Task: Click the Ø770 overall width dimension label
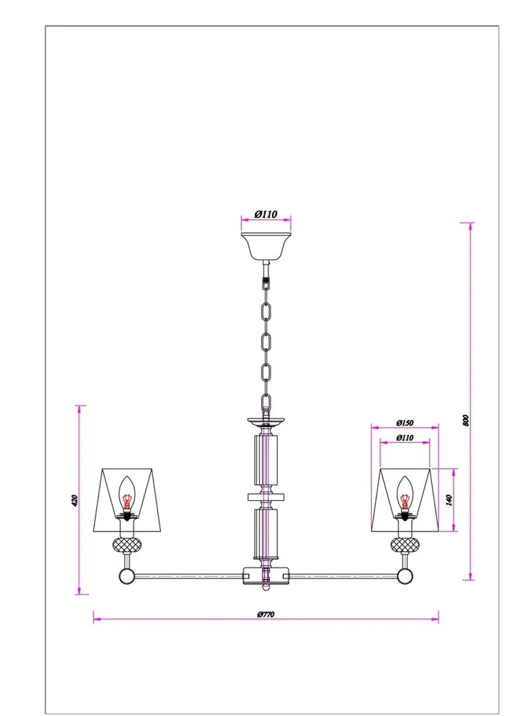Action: pos(266,615)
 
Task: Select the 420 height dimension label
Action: pos(75,500)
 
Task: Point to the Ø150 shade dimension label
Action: pos(405,423)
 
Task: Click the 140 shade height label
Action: pos(448,500)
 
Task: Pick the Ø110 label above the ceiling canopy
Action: pos(266,214)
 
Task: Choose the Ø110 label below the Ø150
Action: pos(405,437)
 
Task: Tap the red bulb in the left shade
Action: pos(126,498)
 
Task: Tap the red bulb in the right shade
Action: pos(405,498)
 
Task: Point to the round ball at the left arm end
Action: pos(126,576)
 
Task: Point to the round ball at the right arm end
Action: pos(405,576)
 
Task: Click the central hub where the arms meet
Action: pos(266,575)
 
